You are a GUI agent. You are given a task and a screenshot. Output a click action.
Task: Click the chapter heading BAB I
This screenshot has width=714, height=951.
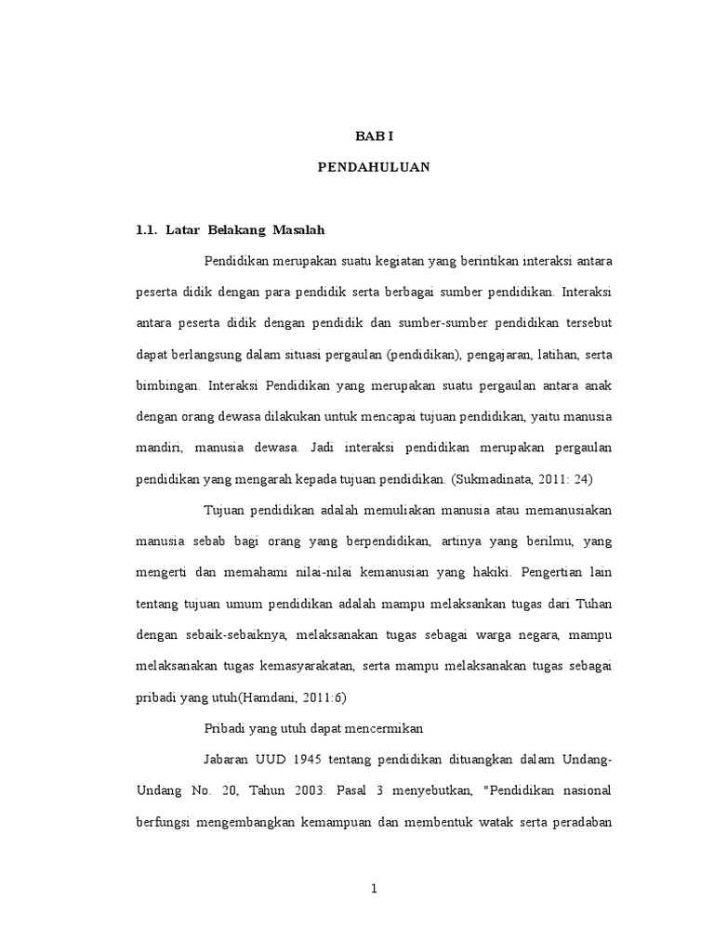[376, 135]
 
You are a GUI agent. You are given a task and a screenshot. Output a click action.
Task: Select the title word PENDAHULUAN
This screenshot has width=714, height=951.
[375, 169]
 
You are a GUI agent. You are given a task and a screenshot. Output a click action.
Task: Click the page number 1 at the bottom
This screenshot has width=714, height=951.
[374, 888]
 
